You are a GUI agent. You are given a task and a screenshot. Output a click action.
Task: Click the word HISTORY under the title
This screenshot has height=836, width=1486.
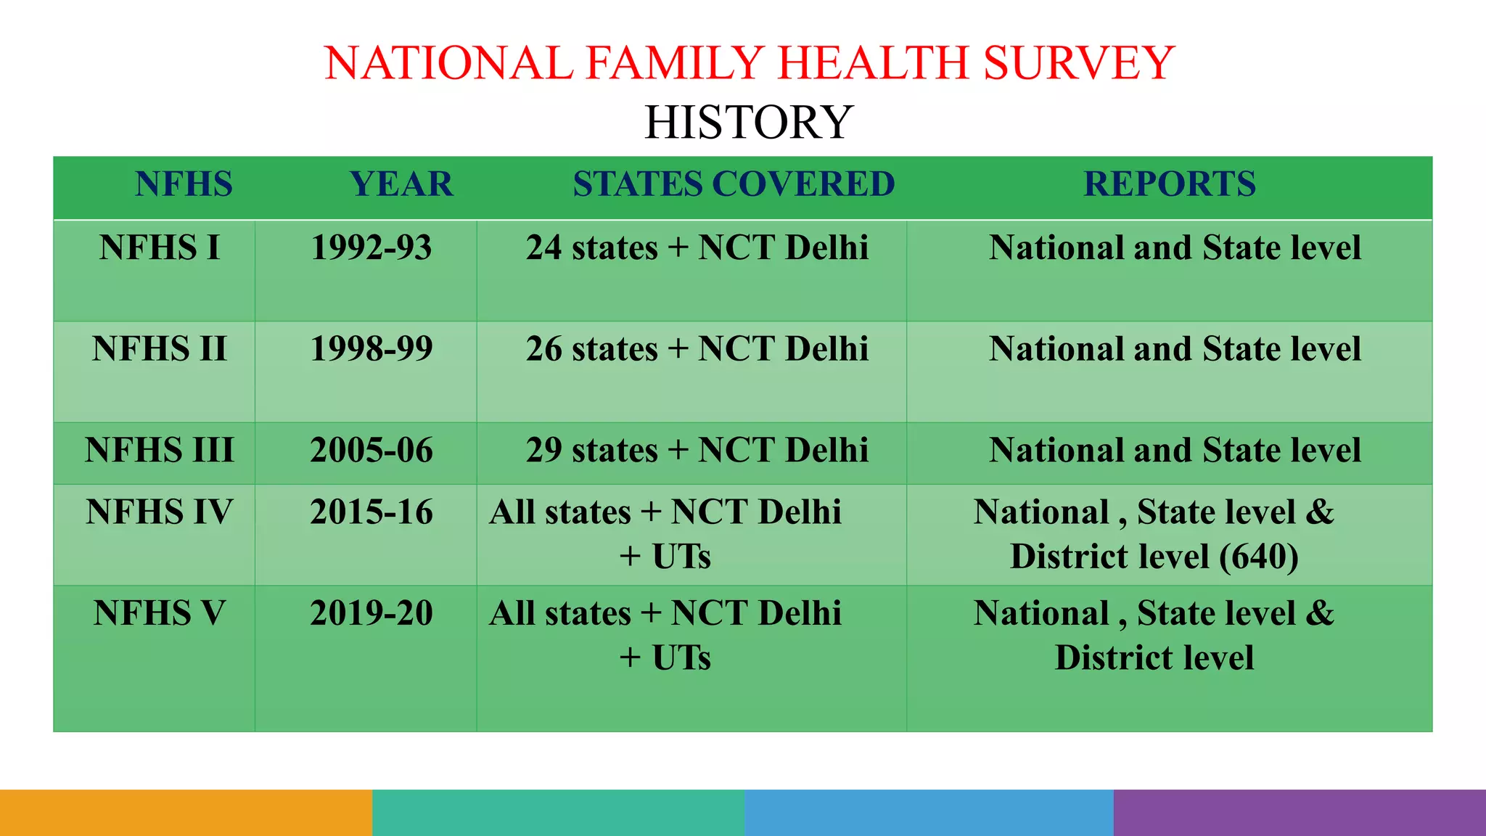748,122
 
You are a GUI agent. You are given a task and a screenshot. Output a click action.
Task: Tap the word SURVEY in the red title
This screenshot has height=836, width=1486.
1078,63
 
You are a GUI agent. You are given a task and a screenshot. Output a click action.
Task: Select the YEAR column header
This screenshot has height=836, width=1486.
401,184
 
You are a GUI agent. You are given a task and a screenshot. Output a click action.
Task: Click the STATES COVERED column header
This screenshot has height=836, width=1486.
734,184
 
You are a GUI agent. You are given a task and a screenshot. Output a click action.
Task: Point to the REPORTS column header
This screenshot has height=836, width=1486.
1169,184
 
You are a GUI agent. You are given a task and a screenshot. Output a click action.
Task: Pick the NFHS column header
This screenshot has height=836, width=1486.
184,184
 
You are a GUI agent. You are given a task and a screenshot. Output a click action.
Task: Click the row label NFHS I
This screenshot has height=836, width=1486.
160,248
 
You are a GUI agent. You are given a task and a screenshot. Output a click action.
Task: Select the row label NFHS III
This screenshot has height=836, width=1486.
160,451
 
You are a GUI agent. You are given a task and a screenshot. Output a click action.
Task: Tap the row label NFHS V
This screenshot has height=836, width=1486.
160,613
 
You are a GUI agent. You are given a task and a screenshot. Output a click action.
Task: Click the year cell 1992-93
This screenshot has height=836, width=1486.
371,248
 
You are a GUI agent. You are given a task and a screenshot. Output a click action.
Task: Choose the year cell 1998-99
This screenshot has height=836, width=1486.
371,349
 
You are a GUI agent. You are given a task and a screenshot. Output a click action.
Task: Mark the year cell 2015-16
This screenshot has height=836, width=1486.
371,512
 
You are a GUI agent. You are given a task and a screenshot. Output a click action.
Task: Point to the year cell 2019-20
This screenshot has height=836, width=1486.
371,613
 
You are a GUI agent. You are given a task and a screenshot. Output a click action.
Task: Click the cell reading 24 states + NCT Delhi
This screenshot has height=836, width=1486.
697,248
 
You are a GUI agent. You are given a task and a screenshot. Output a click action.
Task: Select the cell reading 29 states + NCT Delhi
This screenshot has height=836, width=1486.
697,451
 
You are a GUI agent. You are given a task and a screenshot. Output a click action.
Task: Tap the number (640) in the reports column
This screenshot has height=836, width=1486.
1259,557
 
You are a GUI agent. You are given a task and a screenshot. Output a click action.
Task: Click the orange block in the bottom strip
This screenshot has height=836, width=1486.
186,813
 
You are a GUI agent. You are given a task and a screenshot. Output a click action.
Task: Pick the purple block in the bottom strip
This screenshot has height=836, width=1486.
1300,813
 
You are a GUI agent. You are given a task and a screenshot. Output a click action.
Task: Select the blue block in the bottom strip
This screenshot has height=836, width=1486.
929,813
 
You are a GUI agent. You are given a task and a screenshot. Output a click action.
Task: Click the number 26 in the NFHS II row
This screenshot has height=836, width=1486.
543,349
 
